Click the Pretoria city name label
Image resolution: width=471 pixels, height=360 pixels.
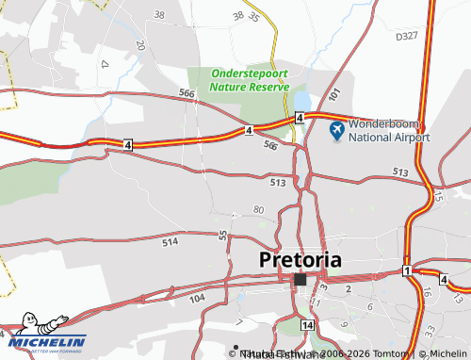point(300,259)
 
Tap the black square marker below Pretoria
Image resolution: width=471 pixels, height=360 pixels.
point(300,280)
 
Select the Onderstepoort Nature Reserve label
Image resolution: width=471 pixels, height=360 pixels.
point(249,79)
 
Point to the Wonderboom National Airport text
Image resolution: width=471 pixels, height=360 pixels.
point(389,130)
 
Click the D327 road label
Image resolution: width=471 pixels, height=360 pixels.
point(407,36)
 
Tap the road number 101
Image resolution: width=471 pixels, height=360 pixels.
point(334,95)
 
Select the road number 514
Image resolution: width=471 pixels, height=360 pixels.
point(170,242)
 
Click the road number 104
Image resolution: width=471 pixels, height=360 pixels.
point(196,298)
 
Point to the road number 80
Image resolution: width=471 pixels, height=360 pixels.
point(259,208)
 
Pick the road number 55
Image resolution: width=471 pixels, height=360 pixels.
point(223,235)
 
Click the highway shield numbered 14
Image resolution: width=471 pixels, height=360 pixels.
point(307,324)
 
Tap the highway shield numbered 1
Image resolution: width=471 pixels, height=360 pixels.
point(406,271)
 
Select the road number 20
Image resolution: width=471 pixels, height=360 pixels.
point(139,44)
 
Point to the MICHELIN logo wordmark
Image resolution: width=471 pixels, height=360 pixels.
point(49,342)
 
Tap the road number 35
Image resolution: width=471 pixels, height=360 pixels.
point(253,17)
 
